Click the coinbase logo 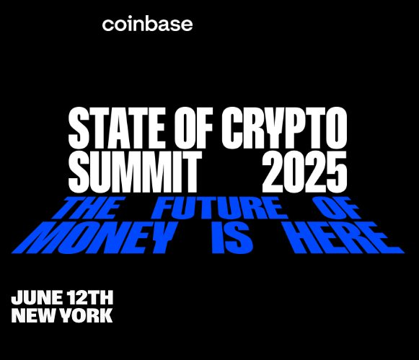[147, 25]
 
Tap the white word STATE [117, 128]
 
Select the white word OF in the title [194, 128]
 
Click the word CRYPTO [284, 128]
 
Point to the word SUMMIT [135, 171]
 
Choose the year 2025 [304, 171]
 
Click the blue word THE [89, 208]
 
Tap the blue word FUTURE [220, 208]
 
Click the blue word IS [232, 237]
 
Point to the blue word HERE [344, 237]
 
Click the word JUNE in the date [38, 297]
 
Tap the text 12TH [90, 297]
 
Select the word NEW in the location [34, 316]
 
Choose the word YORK [86, 316]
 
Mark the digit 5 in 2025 [338, 172]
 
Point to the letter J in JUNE [15, 297]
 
